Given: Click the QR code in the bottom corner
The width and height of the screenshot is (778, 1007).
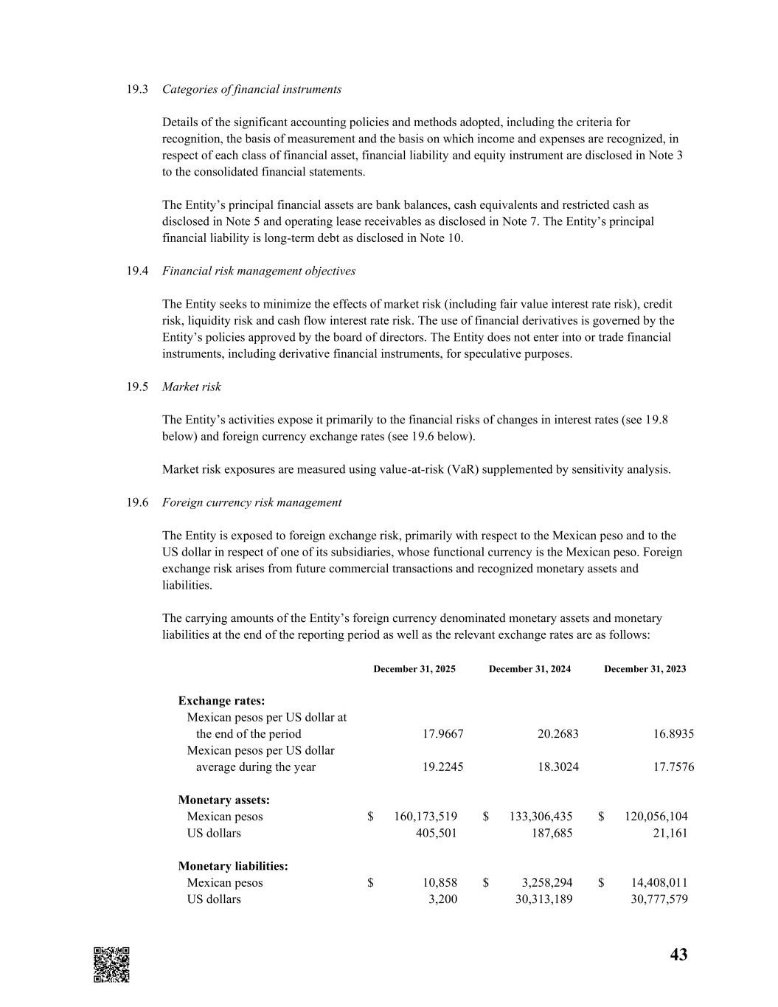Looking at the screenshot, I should click(111, 964).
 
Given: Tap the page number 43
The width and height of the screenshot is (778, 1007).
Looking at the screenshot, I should click(678, 955).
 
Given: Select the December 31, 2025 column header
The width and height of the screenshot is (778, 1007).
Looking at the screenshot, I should click(414, 669).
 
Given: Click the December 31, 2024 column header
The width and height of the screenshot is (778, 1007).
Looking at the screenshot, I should click(529, 669).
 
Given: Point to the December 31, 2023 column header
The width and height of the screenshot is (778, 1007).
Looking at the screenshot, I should click(645, 669).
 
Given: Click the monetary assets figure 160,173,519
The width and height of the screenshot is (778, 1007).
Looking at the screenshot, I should click(426, 817).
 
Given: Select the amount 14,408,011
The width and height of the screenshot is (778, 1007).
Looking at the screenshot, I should click(656, 883).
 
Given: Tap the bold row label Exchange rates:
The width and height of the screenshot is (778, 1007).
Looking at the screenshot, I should click(221, 701).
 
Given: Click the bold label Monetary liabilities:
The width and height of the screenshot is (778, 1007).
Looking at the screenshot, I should click(233, 866).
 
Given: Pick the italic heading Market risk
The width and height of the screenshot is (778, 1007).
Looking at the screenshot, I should click(192, 387).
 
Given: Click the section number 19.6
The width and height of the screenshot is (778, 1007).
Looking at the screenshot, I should click(137, 502).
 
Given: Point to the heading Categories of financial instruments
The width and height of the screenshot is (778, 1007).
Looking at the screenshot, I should click(251, 89).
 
